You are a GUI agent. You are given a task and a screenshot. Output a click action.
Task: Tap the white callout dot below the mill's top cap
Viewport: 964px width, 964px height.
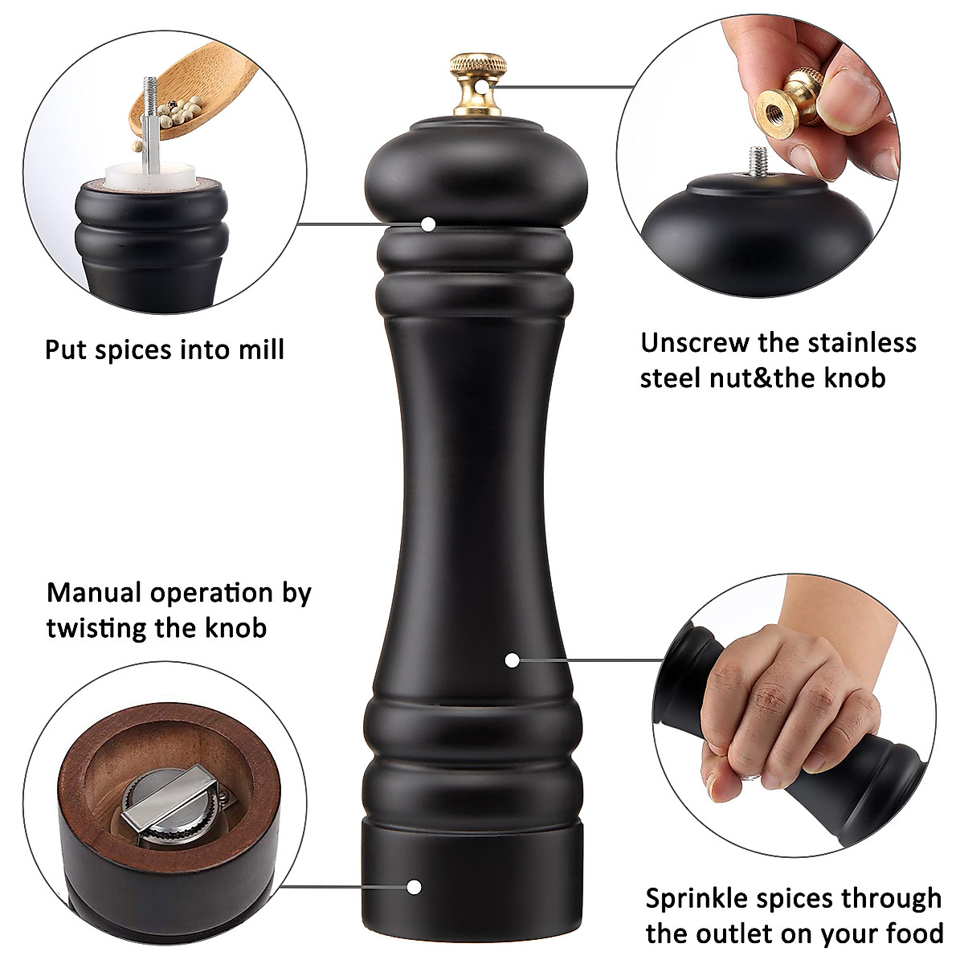[429, 223]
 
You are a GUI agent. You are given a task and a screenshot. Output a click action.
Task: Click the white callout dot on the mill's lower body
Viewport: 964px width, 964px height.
[512, 660]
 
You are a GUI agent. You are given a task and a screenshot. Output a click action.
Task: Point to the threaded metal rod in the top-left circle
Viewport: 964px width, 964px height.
[149, 120]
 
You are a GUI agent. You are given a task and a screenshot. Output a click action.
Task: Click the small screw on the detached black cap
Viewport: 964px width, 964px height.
[756, 165]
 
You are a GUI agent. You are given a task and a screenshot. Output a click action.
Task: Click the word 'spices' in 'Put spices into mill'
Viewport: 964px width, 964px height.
[134, 350]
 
